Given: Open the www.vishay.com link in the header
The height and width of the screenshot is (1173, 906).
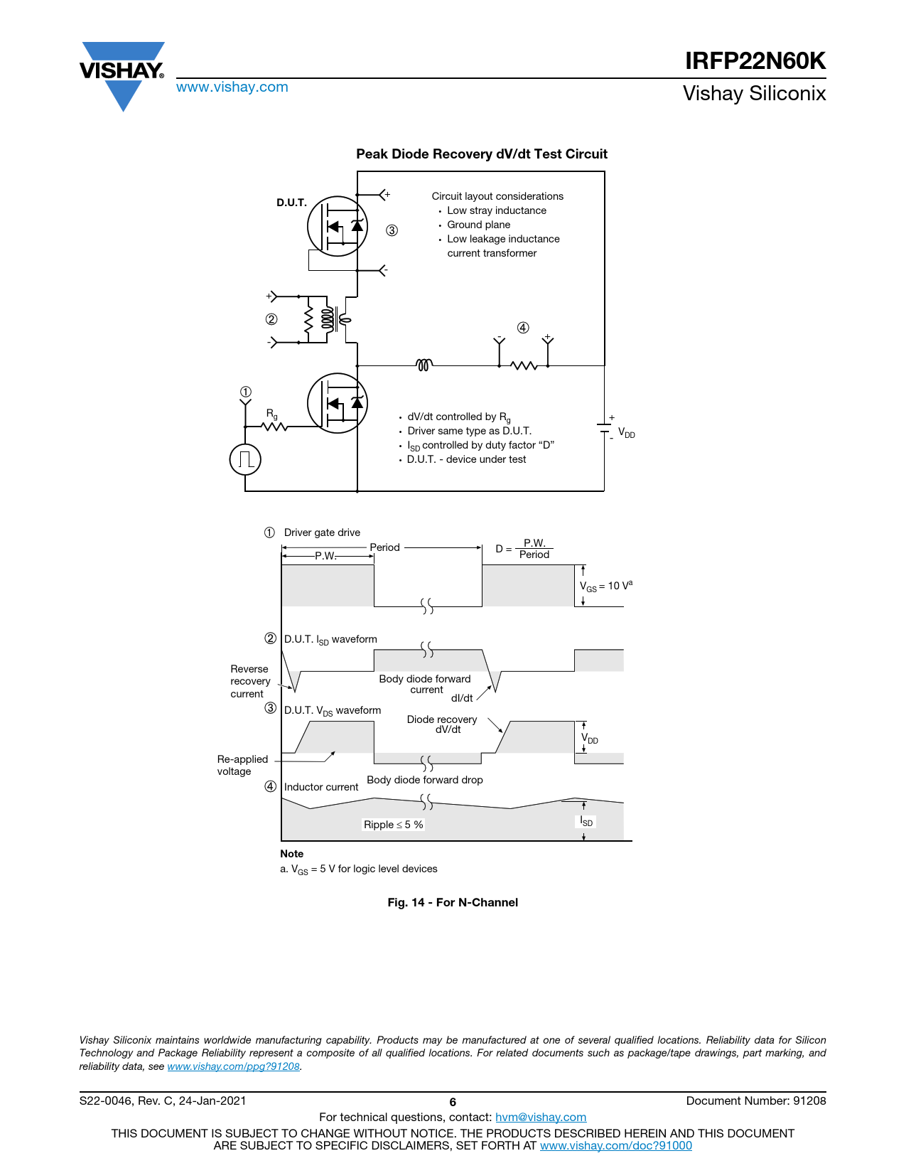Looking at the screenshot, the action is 232,87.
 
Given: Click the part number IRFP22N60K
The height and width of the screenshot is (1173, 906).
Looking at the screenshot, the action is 755,60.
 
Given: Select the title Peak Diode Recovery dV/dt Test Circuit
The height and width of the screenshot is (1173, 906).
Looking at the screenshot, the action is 481,154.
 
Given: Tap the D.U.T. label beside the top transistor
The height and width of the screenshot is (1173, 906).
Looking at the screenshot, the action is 291,203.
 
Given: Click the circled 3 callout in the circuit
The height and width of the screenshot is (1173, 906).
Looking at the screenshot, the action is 392,230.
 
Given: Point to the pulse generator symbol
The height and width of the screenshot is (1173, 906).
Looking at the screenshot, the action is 245,459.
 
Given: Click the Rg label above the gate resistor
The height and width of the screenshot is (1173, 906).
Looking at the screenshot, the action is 272,414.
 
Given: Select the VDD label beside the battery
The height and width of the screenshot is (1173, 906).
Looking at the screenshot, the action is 627,433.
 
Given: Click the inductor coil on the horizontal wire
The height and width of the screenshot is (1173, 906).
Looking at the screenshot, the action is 424,365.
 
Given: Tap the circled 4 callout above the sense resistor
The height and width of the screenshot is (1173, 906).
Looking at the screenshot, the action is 523,328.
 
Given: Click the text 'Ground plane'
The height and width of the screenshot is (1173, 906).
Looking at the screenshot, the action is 478,225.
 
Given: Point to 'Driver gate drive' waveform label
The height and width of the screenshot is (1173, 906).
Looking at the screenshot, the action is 322,532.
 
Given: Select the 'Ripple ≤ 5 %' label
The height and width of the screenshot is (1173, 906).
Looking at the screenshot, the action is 394,824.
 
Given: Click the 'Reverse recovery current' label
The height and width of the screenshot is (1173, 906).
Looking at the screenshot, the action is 250,681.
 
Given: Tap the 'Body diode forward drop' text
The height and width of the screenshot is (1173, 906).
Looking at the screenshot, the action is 425,779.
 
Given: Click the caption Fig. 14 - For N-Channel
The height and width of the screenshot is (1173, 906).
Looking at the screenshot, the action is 452,902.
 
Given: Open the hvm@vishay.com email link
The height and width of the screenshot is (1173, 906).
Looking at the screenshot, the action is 541,1117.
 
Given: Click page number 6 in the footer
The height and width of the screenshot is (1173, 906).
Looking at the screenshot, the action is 453,1102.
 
